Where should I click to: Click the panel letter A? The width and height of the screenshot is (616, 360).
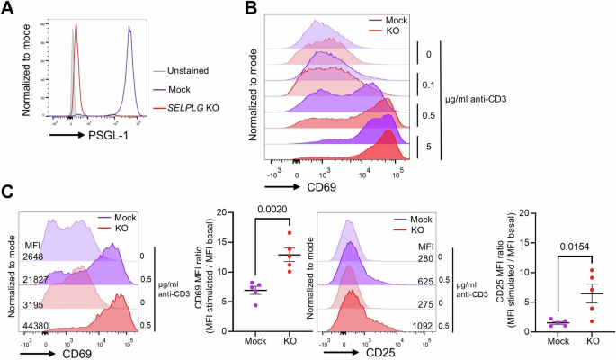tap(7, 10)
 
